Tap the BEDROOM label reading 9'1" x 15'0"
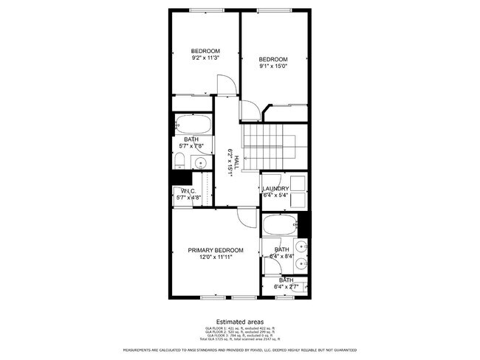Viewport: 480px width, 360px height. [272, 63]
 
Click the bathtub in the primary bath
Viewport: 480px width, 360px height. [279, 224]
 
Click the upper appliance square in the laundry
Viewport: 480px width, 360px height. [298, 182]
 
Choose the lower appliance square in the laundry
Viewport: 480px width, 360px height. [298, 200]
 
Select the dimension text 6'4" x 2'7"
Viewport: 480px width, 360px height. [285, 286]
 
